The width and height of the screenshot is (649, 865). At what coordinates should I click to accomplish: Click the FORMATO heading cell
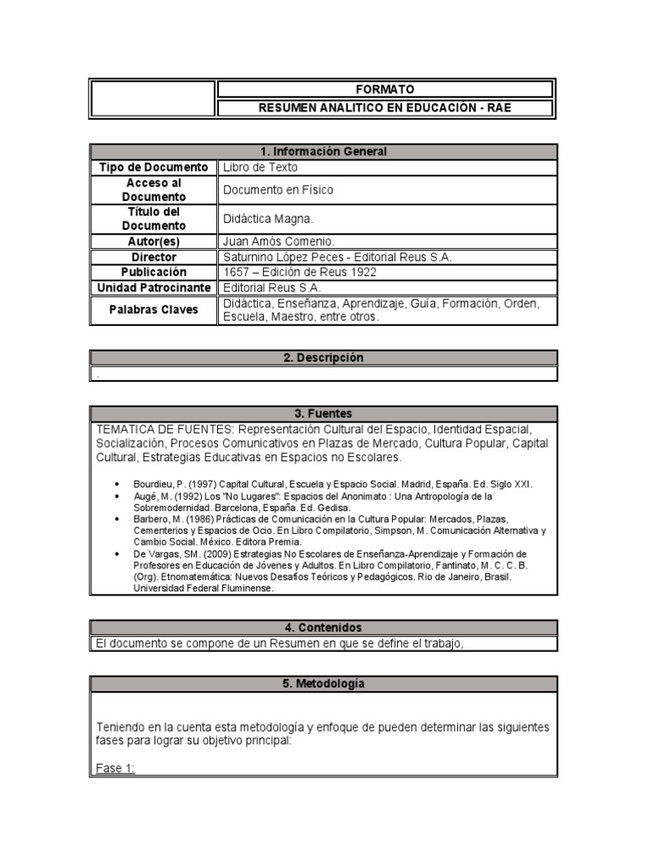(x=384, y=90)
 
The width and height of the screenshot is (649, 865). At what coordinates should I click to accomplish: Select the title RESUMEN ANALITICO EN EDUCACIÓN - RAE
(x=384, y=108)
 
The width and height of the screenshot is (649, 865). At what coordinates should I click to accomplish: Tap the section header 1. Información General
(x=323, y=151)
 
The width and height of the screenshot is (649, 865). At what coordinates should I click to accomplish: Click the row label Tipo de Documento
(x=153, y=167)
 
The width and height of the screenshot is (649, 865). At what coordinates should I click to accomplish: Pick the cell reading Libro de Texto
(x=260, y=167)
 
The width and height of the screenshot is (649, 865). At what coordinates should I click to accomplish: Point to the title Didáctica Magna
(x=268, y=219)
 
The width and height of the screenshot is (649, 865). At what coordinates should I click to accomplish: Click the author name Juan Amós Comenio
(x=279, y=242)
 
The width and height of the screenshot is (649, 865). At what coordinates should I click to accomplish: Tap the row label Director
(x=153, y=257)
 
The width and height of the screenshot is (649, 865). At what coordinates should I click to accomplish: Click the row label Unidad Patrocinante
(x=153, y=288)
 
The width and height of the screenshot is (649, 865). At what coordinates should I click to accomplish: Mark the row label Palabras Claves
(x=153, y=310)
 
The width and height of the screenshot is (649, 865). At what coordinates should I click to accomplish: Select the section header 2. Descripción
(x=323, y=358)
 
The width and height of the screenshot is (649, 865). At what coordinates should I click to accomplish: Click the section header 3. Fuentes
(x=323, y=414)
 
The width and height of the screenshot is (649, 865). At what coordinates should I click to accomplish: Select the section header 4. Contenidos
(x=323, y=628)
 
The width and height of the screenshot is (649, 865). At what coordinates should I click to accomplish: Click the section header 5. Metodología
(x=323, y=683)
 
